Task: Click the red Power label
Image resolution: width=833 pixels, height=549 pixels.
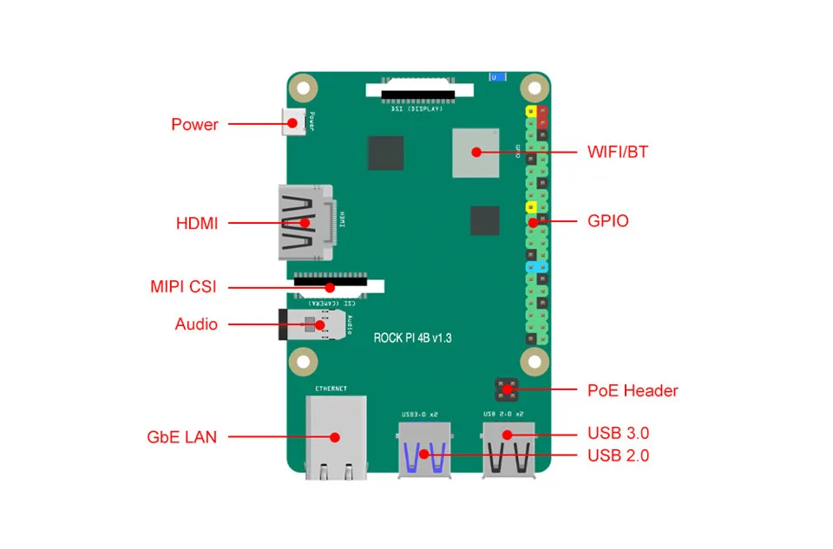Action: coord(194,124)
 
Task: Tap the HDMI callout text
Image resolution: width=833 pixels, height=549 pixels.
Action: coord(197,223)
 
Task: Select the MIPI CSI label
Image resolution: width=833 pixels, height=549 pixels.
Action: coord(183,287)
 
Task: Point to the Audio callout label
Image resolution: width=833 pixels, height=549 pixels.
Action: coord(196,324)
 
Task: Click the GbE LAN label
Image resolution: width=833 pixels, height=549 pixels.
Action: coord(181,437)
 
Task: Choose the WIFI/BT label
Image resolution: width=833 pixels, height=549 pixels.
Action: coord(617,153)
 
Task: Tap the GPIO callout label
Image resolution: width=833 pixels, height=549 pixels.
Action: coord(607,221)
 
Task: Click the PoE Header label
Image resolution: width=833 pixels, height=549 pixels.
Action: coord(633,390)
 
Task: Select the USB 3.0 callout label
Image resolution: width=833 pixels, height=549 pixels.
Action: coord(618,433)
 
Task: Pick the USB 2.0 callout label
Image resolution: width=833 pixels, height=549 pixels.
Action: coord(618,455)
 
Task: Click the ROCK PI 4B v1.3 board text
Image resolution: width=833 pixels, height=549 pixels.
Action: coord(412,337)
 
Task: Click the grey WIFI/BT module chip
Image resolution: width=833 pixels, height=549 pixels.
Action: coord(475,153)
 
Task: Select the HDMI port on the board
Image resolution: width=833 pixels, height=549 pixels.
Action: coord(305,222)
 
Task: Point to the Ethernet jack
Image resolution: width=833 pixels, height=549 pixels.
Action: coord(336,437)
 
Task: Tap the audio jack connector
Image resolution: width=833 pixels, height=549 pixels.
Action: coord(308,325)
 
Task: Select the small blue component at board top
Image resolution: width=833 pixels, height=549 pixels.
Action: coord(495,77)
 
